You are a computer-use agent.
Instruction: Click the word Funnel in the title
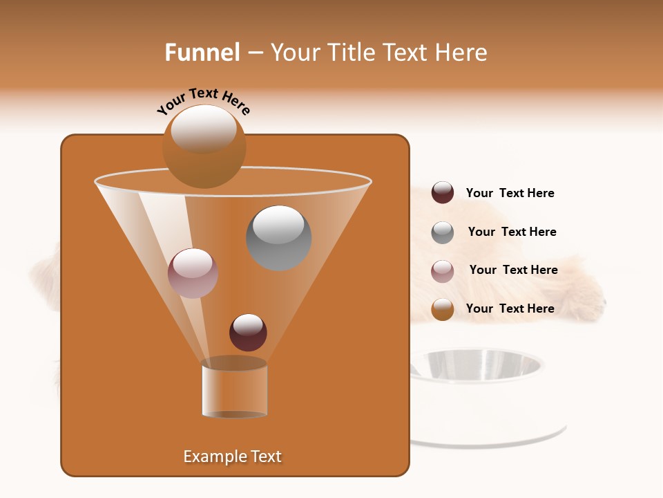tap(202, 53)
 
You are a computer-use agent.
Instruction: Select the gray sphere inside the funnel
tap(278, 238)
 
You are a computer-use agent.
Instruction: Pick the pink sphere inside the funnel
tap(193, 273)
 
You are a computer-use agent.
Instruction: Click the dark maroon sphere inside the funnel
tap(248, 333)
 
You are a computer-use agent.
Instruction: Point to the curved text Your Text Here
tap(203, 100)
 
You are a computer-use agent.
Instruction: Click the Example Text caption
tap(232, 456)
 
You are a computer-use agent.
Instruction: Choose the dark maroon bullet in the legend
tap(443, 193)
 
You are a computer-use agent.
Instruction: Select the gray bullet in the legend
tap(443, 232)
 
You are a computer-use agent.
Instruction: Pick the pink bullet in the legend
tap(443, 270)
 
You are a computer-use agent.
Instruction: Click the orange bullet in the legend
tap(443, 309)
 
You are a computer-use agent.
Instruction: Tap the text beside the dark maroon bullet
tap(510, 193)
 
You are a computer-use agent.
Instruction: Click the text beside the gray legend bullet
tap(512, 232)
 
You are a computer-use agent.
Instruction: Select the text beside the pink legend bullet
tap(513, 270)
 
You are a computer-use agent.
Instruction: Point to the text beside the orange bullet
tap(510, 308)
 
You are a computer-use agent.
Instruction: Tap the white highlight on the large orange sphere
tap(204, 128)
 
